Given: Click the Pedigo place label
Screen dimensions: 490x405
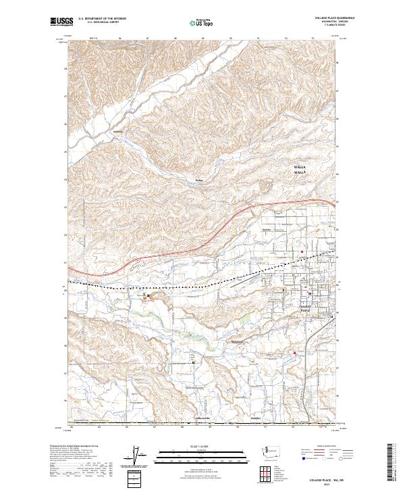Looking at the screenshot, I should pyautogui.click(x=198, y=180).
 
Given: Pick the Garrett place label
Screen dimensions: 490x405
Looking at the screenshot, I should pyautogui.click(x=266, y=229).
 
